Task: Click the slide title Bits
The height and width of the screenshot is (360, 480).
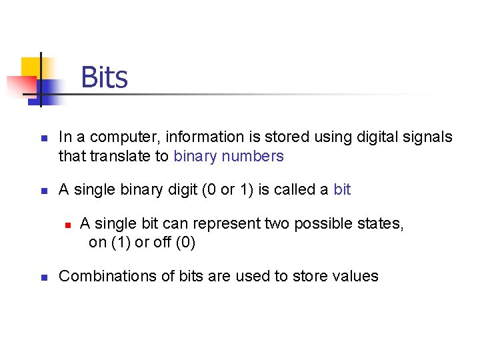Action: (x=104, y=78)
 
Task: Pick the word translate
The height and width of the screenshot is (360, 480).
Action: (x=124, y=157)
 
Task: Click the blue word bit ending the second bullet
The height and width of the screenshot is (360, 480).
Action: (x=342, y=190)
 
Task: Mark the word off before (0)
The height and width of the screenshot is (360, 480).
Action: (x=162, y=243)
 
